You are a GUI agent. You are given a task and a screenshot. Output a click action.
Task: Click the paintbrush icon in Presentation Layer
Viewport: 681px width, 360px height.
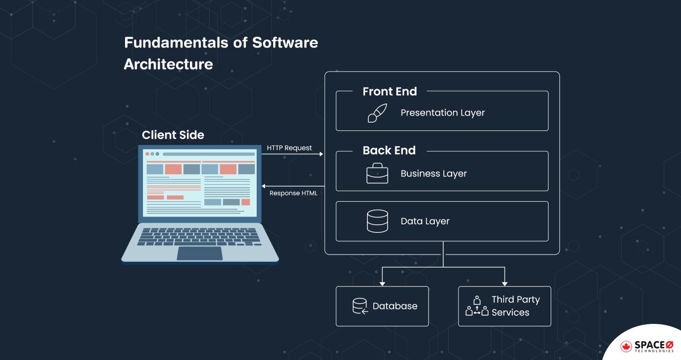(377, 113)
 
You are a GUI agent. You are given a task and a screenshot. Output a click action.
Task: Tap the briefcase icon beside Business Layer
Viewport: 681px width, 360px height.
(377, 173)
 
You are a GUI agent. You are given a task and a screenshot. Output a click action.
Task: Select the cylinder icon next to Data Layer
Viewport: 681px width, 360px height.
(377, 221)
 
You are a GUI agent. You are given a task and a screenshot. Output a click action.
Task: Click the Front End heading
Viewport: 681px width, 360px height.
(390, 91)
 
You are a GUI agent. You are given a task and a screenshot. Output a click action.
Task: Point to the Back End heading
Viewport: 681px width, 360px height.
(389, 151)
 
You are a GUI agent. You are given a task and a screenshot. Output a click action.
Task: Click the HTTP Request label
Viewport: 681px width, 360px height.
(290, 148)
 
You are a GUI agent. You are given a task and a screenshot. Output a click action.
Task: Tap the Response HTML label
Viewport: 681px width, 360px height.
(293, 193)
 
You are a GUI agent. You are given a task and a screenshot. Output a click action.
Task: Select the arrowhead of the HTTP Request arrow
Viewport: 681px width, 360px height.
(321, 154)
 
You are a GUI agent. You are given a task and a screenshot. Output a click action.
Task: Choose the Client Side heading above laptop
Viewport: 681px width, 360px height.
(173, 135)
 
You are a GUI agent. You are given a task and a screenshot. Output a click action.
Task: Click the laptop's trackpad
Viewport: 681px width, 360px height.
(200, 253)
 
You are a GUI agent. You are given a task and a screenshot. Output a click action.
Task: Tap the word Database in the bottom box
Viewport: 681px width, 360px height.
(395, 306)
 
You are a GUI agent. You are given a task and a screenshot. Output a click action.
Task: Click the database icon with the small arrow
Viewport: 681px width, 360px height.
(360, 306)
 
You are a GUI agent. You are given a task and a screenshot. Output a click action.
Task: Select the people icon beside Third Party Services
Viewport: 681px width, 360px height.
(477, 306)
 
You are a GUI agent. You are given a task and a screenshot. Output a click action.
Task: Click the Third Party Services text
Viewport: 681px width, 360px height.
(515, 306)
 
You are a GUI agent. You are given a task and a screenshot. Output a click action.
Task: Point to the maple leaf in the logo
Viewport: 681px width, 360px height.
(626, 346)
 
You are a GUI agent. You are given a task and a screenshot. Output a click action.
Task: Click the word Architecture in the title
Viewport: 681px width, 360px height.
(168, 64)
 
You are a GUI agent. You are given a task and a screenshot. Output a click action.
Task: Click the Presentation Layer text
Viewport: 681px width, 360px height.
(442, 113)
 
